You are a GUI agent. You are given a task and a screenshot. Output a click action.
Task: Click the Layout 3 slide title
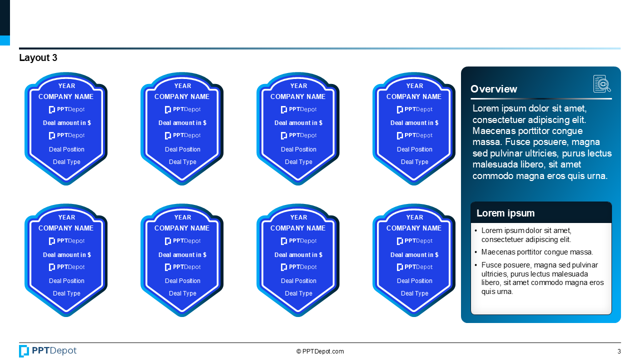38,57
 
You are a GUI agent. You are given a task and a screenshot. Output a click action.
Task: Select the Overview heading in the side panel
493,89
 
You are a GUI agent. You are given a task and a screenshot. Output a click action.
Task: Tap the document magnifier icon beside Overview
601,83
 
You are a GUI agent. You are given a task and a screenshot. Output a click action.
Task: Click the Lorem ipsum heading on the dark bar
505,213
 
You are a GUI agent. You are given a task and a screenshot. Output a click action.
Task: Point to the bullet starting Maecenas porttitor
537,252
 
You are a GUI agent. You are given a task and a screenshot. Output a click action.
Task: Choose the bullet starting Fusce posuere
542,278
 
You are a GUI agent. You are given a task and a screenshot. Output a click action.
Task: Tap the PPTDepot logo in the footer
47,351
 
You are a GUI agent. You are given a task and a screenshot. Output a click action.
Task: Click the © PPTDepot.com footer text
320,351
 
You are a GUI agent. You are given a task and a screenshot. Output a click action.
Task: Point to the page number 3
619,351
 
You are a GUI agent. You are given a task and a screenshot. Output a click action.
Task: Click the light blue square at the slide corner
5,40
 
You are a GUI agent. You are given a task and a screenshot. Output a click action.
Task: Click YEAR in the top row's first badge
66,86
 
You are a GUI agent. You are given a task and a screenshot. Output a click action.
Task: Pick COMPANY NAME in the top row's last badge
414,97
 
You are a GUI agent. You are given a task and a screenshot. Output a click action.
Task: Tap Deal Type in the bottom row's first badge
66,293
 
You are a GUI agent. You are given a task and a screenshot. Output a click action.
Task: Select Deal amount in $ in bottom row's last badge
414,255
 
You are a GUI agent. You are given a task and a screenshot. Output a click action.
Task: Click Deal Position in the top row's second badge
182,149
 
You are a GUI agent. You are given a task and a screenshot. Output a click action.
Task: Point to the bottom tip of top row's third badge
298,184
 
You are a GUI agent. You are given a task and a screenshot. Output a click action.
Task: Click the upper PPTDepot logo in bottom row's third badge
298,241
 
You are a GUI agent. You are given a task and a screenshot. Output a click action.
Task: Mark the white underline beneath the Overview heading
541,99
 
